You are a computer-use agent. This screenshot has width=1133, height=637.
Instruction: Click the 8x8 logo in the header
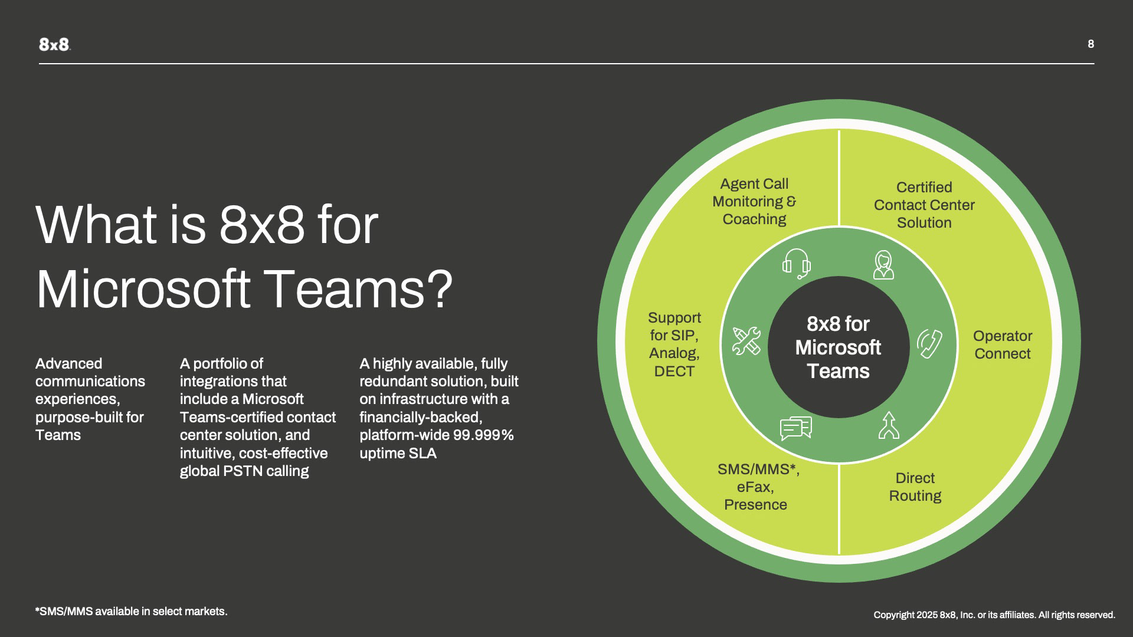[54, 44]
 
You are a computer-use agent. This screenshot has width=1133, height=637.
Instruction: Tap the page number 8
[1091, 44]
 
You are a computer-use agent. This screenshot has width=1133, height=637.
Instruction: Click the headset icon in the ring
[796, 264]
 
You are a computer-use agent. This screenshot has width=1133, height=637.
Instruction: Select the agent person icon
[883, 265]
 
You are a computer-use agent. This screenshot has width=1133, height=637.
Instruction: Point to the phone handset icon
[929, 343]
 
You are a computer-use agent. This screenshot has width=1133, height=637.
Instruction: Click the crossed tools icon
[746, 341]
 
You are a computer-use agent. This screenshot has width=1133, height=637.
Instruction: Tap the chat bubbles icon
[795, 428]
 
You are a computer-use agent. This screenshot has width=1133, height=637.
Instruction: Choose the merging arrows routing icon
[888, 426]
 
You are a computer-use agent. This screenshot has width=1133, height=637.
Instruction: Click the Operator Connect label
[1002, 344]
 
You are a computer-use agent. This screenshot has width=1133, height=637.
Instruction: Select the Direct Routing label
[915, 487]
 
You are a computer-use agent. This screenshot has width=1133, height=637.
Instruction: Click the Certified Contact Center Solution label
[924, 205]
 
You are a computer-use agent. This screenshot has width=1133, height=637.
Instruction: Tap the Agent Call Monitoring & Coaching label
[754, 201]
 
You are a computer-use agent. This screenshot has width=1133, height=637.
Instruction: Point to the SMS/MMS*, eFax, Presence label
[757, 487]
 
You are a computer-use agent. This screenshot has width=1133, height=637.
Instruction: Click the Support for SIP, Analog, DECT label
[674, 344]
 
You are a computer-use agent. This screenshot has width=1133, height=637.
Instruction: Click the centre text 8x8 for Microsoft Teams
[838, 347]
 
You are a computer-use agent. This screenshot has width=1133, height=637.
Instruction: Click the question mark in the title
[441, 290]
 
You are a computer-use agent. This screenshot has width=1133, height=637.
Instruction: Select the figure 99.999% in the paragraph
[483, 435]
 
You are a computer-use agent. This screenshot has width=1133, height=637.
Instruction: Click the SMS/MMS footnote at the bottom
[131, 612]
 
